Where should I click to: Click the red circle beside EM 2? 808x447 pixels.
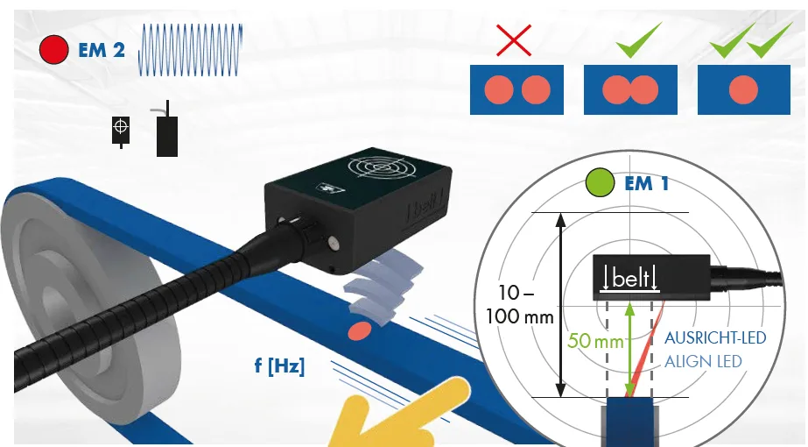click(53, 50)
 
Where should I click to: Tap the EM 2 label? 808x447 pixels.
click(102, 50)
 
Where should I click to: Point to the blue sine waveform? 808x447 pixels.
click(190, 50)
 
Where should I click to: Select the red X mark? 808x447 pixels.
click(514, 39)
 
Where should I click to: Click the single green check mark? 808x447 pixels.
click(638, 39)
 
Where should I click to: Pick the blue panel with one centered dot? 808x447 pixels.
click(743, 89)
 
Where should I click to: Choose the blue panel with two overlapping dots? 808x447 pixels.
click(630, 89)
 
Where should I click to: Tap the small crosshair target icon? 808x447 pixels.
click(121, 130)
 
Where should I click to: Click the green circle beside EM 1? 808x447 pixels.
click(600, 182)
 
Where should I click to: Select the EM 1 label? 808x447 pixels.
click(647, 183)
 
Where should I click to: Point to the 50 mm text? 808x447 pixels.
click(595, 341)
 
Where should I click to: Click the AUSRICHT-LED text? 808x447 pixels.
click(715, 338)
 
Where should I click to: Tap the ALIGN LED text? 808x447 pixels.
click(703, 361)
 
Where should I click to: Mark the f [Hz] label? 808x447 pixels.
click(279, 366)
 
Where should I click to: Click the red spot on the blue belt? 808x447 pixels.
click(360, 330)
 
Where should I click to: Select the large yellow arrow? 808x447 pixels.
click(397, 415)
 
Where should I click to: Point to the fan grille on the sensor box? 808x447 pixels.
click(381, 167)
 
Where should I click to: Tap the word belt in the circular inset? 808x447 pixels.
click(630, 279)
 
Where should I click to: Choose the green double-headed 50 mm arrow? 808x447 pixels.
click(629, 350)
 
